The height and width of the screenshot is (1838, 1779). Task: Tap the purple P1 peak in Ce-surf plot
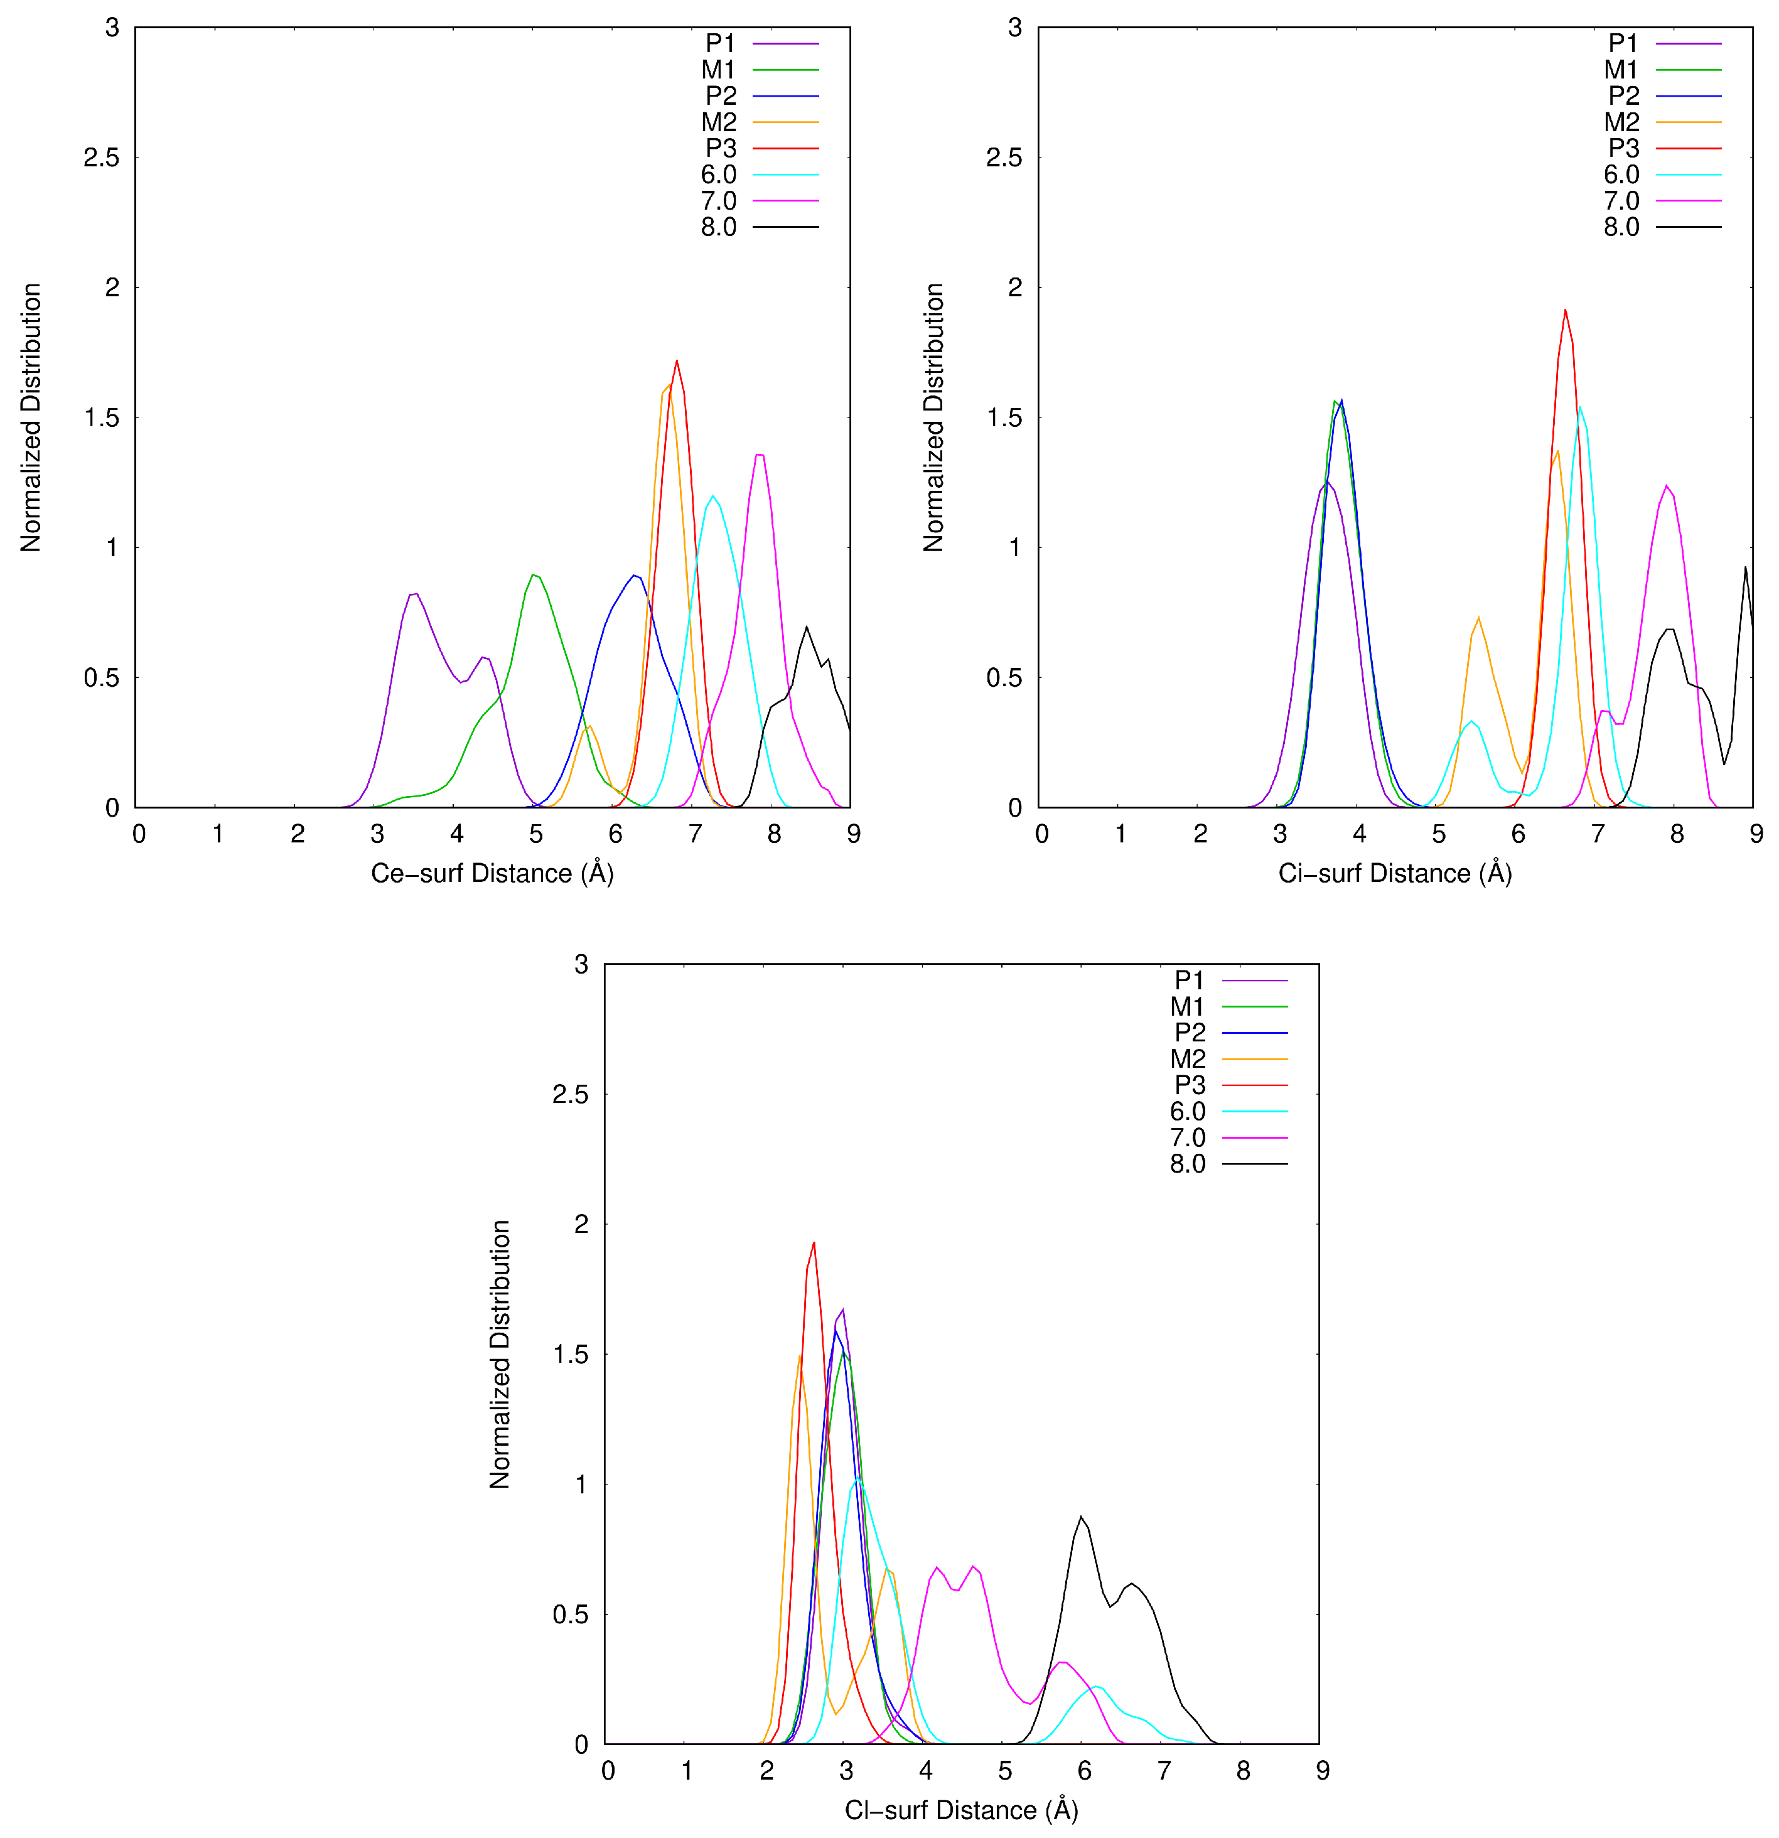coord(414,594)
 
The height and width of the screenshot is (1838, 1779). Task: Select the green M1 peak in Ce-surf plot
coord(534,575)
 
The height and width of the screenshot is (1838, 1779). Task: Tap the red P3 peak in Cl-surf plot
coord(813,1244)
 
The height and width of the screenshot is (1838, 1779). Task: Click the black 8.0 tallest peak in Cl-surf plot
coord(1082,1517)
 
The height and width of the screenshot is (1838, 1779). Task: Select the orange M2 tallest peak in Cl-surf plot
coord(799,1356)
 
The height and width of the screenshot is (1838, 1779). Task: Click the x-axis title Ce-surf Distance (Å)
coord(492,873)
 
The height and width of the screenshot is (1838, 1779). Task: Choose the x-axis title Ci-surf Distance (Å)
coord(1394,873)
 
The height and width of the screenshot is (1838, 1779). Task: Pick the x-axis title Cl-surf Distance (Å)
coord(961,1810)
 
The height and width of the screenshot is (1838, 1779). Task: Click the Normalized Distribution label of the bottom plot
coord(500,1354)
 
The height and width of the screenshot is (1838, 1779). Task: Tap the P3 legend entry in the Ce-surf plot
coord(721,148)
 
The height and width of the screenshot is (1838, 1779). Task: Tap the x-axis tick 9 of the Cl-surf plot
coord(1322,1770)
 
